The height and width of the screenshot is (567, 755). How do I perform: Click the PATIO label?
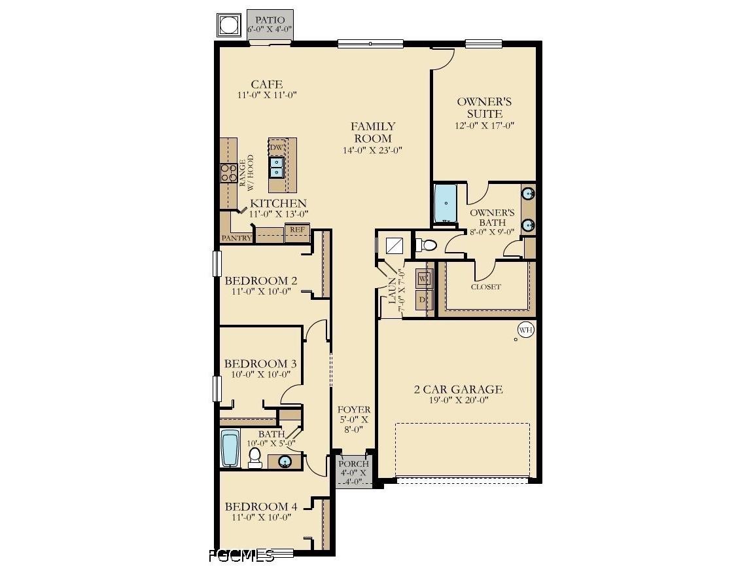click(270, 20)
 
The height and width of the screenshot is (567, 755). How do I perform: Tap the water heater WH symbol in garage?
click(525, 330)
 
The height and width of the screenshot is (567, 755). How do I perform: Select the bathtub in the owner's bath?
click(446, 204)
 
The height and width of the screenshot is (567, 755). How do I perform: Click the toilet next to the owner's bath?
click(427, 246)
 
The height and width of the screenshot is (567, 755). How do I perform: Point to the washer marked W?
click(424, 278)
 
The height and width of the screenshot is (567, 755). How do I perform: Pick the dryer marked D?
click(424, 299)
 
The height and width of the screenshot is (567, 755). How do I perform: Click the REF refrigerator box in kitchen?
click(296, 230)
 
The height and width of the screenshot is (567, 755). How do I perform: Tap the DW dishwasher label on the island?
click(277, 147)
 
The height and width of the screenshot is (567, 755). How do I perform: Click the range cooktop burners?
click(228, 173)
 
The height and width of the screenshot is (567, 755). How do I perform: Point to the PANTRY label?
click(236, 238)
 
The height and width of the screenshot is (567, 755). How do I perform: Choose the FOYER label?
click(353, 410)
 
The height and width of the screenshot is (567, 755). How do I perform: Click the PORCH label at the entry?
click(353, 464)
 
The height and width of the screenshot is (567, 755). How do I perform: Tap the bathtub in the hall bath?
click(229, 448)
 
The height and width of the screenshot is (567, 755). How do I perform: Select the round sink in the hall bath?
click(285, 462)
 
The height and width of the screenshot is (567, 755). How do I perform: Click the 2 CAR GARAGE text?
click(458, 390)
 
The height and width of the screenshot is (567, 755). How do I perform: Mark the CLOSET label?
click(485, 287)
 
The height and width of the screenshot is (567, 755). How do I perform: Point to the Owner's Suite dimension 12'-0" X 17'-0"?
click(484, 126)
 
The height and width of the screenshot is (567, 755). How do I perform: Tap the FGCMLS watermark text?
click(241, 557)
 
